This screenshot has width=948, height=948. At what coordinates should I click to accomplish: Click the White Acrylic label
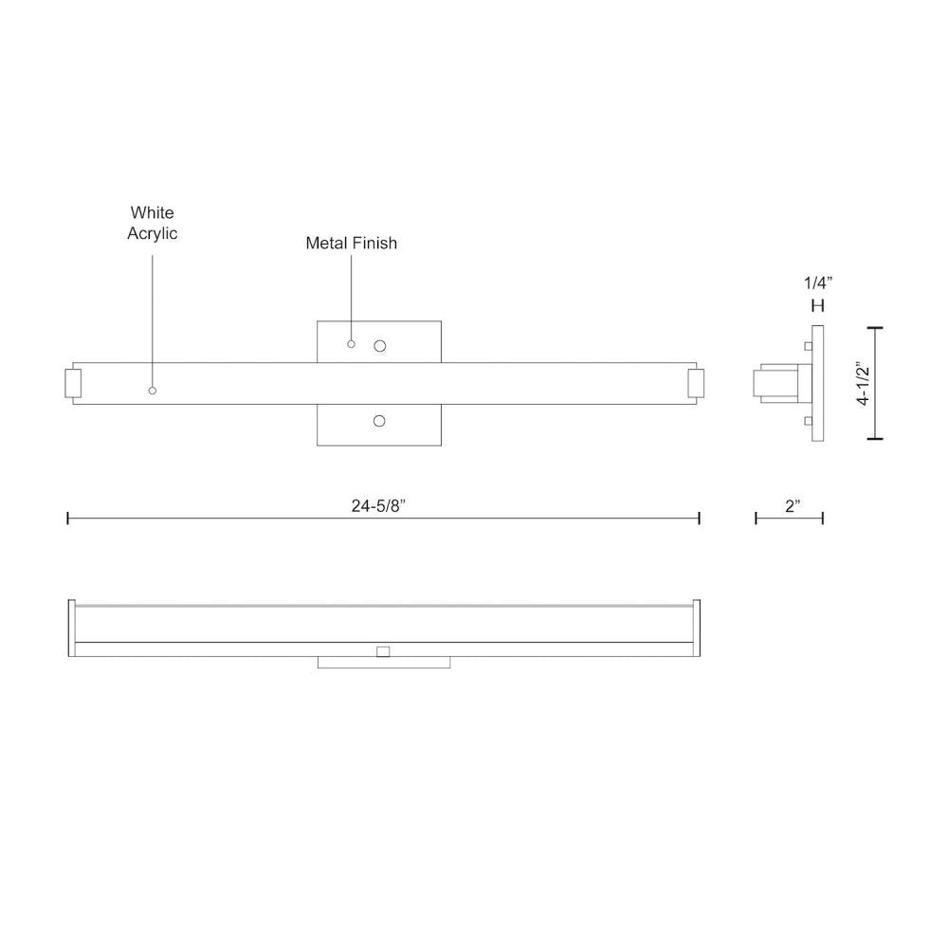153,223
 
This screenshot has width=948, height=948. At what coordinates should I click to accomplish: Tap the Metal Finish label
351,244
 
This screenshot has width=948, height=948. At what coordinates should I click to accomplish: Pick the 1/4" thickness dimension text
817,282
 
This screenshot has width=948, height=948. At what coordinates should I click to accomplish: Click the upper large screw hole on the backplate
380,347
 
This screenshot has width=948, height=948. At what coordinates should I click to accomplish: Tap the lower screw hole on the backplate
379,420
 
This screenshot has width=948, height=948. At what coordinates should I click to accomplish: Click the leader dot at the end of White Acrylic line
153,391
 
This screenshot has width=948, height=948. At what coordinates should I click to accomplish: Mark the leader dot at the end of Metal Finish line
351,344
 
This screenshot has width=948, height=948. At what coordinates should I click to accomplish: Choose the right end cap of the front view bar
696,384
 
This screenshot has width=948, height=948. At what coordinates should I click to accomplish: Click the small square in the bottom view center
383,651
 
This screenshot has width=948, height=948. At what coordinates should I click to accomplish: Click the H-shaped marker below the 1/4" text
818,306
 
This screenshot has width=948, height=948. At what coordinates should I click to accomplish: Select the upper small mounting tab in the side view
807,346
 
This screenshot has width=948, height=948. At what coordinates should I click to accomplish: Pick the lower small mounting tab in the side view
807,421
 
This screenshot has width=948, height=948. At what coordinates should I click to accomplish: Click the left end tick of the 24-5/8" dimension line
68,518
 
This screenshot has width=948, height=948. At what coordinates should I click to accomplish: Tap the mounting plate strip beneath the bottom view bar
384,663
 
